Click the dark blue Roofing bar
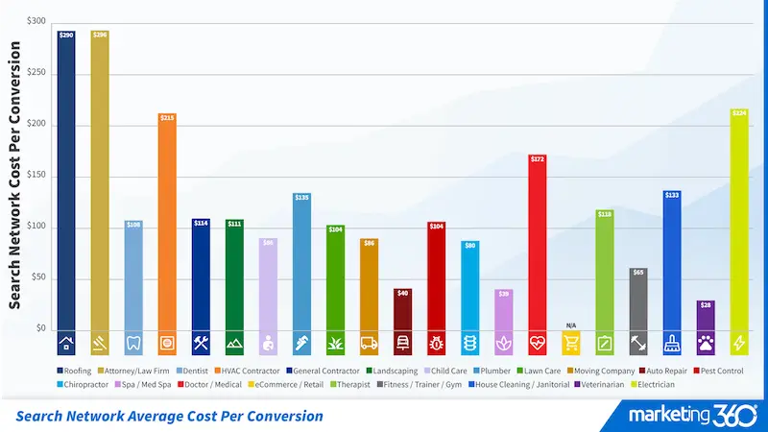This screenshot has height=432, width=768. click(66, 182)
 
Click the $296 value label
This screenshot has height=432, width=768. click(100, 35)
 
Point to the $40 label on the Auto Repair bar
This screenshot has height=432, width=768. click(402, 293)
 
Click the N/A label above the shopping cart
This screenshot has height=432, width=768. click(570, 325)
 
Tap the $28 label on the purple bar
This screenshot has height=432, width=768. click(705, 304)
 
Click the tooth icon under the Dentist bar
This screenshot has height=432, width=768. click(133, 343)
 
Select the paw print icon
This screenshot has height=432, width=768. click(705, 343)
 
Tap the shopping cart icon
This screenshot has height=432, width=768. click(570, 343)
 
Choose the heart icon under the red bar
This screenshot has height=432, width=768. click(537, 343)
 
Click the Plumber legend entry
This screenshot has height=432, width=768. click(492, 370)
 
